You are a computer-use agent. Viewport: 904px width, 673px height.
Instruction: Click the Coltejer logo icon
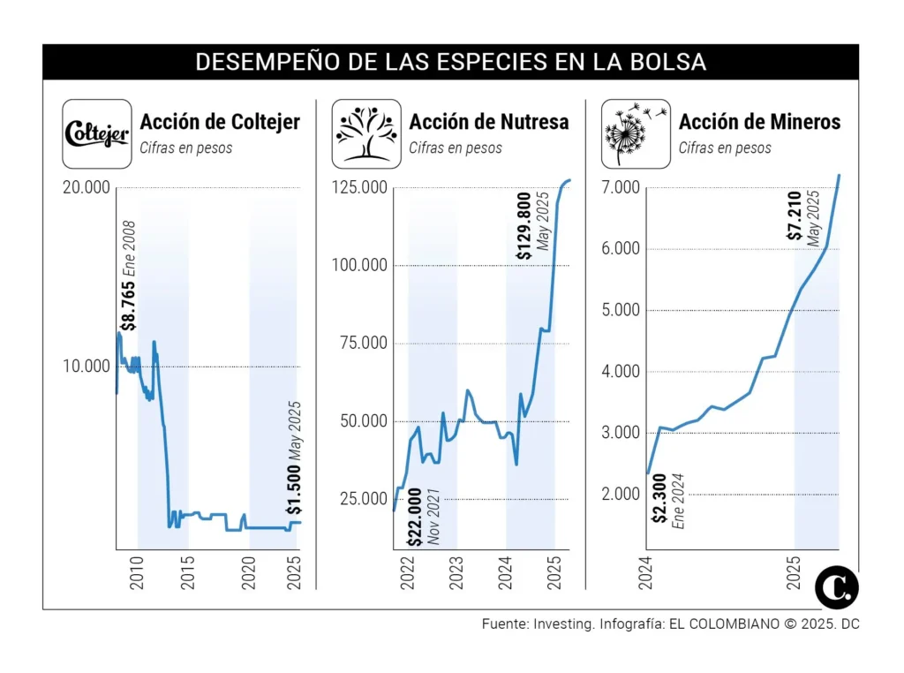coord(96,133)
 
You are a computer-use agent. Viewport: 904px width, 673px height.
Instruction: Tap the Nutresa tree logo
coord(365,133)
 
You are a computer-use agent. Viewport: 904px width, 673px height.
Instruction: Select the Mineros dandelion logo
coord(636,133)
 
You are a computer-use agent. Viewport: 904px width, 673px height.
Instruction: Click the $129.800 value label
coord(524,228)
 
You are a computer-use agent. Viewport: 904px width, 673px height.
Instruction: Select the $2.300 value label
coord(659,503)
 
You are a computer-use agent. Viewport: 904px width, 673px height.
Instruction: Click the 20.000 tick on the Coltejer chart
coord(86,187)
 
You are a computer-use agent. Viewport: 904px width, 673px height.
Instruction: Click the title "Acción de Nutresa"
coord(489,122)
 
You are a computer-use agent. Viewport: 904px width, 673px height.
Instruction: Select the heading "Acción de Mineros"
coord(759,122)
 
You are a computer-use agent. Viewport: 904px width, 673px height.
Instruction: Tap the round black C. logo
coord(836,586)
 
